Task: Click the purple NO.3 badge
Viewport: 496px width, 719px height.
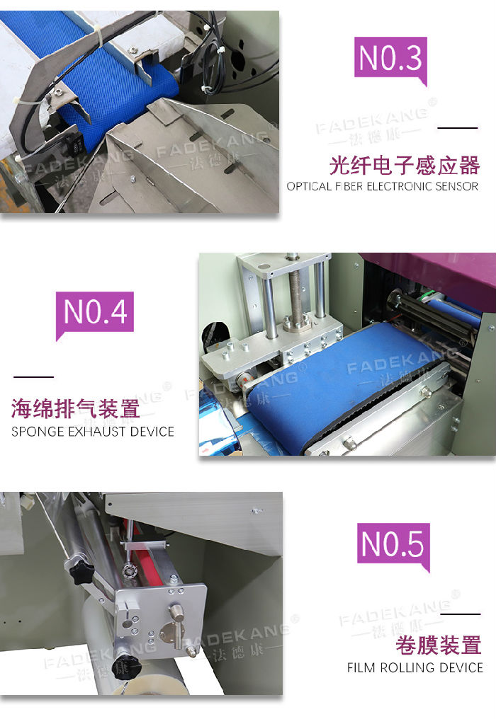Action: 391,59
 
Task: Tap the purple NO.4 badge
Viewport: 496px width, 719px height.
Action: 95,314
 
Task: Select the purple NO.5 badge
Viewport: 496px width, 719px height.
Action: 393,545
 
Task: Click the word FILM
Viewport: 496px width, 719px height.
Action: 361,667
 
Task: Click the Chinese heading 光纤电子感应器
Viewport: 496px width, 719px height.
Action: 405,166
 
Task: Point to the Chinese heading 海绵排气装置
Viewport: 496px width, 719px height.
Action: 76,408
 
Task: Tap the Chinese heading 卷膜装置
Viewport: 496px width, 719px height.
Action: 439,645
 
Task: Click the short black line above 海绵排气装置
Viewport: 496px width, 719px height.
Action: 33,377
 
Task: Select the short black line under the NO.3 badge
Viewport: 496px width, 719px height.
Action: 458,128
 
